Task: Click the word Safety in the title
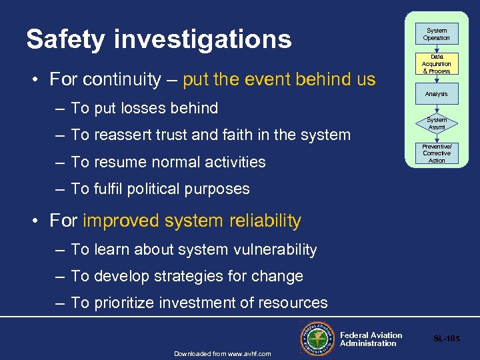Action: point(65,39)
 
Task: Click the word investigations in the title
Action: point(203,39)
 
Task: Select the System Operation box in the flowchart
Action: point(437,34)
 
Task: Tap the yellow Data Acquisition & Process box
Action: point(437,64)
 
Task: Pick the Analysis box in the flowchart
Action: point(437,94)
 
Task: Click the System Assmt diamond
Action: point(437,123)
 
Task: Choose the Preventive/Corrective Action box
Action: point(437,153)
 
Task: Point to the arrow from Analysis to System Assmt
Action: point(437,109)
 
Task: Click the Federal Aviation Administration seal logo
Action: point(318,337)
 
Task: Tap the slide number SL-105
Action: point(446,339)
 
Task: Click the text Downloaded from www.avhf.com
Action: point(223,353)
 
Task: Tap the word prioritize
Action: point(126,303)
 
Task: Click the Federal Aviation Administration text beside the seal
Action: point(371,339)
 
